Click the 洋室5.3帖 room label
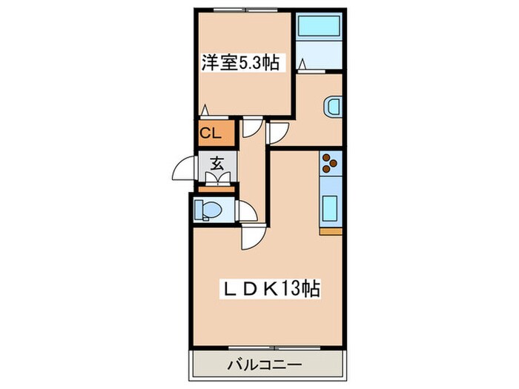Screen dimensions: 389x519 coord(239,63)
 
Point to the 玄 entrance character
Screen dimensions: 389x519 coord(216,164)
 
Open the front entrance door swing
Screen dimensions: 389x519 coord(184,170)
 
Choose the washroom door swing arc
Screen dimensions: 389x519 coord(277,133)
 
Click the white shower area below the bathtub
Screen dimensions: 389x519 coord(318,60)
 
